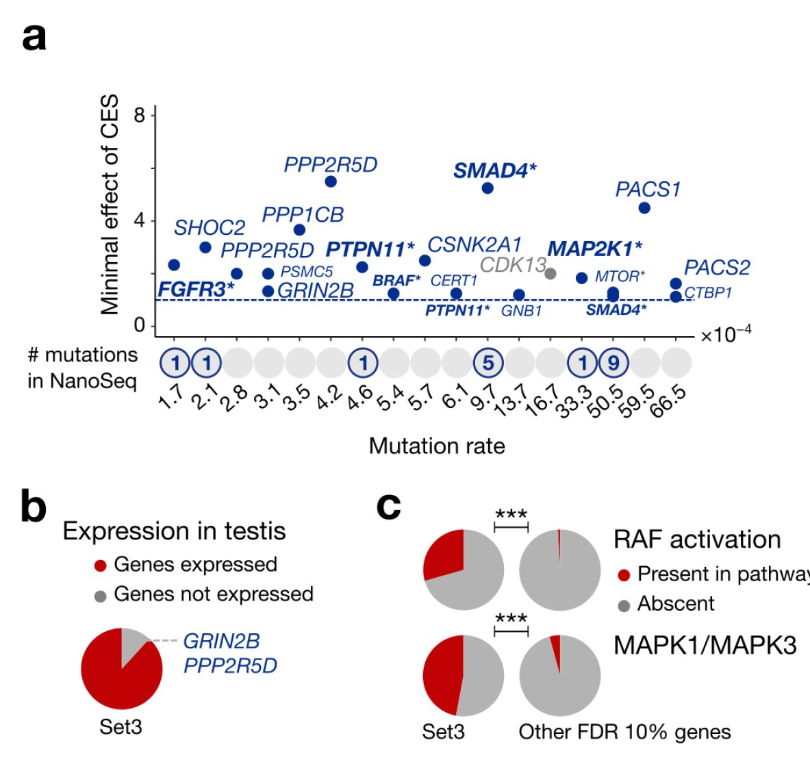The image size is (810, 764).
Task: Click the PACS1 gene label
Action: pos(648,189)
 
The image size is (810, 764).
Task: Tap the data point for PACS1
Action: pos(644,207)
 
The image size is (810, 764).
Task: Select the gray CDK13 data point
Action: pos(550,273)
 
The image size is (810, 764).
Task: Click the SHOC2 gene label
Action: pos(210,228)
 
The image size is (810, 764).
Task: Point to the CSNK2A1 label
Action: pos(474,245)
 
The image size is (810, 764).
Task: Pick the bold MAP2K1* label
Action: pos(594,249)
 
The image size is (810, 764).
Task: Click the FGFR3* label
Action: pos(197,290)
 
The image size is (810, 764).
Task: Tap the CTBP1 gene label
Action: pos(708,293)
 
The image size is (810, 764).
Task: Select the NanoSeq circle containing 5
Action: pos(488,363)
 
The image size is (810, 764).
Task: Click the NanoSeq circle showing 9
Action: pos(613,363)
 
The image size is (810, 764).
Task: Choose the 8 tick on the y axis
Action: pos(140,115)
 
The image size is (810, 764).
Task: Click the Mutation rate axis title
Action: pos(437,446)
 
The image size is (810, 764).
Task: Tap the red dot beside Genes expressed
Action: pos(101,565)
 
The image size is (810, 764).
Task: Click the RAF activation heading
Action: pos(697,540)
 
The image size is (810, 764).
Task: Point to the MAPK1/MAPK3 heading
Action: pos(705,645)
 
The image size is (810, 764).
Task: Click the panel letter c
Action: pos(388,507)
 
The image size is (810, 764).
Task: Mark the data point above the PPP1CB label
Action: pos(331,181)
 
